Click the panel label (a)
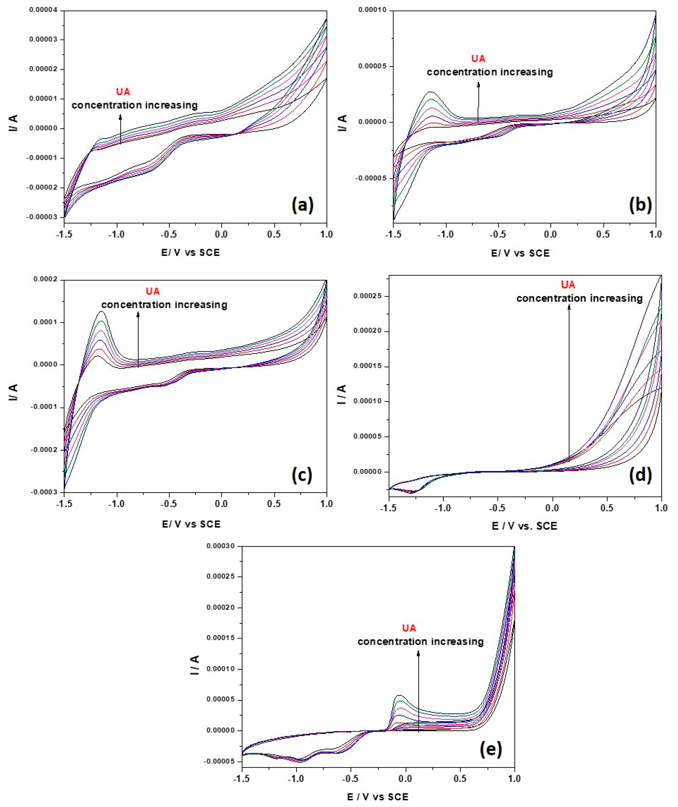pos(302,205)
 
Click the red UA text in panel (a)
pos(123,92)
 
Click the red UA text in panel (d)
pos(568,285)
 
